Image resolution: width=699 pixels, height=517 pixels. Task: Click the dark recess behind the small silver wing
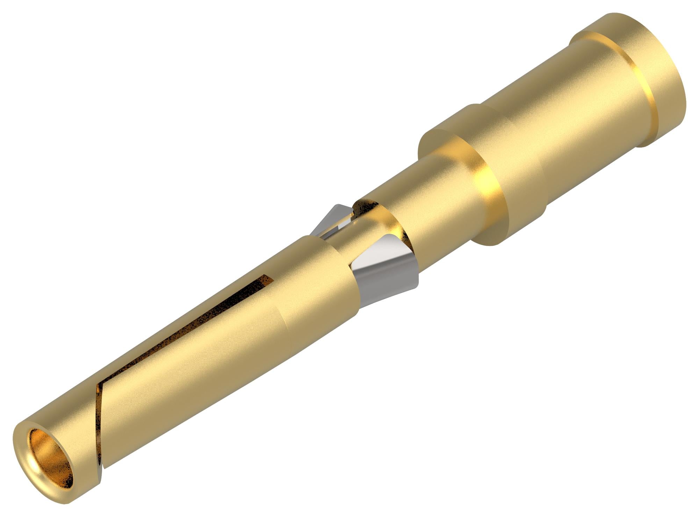[x=363, y=206]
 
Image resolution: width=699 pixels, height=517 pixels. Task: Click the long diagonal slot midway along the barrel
[x=182, y=332]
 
